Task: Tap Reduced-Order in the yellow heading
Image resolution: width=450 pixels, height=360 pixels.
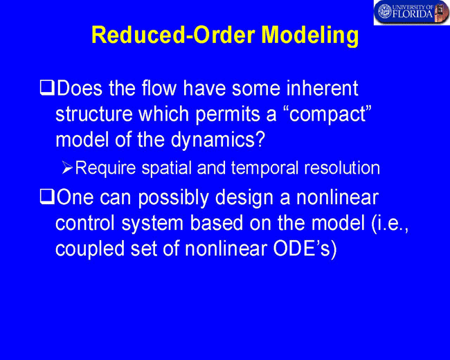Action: pyautogui.click(x=173, y=35)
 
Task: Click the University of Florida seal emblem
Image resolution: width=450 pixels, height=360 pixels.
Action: pyautogui.click(x=385, y=11)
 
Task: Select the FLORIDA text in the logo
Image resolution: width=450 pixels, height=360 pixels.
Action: pyautogui.click(x=413, y=14)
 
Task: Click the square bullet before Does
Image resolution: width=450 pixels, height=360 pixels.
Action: pyautogui.click(x=47, y=88)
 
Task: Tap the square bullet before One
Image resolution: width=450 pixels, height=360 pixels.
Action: pyautogui.click(x=47, y=197)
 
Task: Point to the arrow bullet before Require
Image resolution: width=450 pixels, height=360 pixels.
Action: pyautogui.click(x=67, y=168)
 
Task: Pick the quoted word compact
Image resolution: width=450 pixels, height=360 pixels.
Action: pyautogui.click(x=327, y=114)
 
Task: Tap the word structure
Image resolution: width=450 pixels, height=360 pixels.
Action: pyautogui.click(x=94, y=114)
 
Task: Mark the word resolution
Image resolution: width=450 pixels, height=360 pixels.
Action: pyautogui.click(x=342, y=168)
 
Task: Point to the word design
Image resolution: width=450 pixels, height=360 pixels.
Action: pyautogui.click(x=244, y=198)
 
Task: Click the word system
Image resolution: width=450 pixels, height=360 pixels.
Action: pyautogui.click(x=152, y=224)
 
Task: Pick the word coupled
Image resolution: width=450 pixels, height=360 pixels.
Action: pyautogui.click(x=90, y=249)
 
